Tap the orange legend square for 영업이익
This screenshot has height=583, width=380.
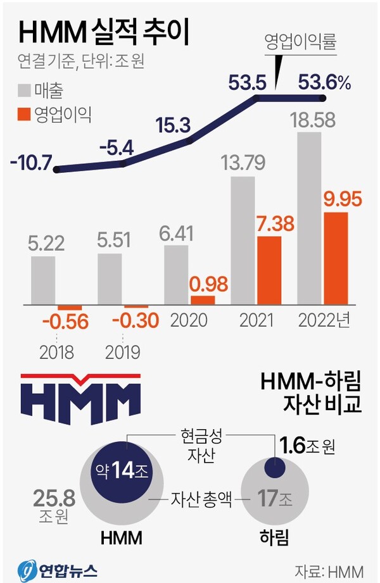tap(23, 115)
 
